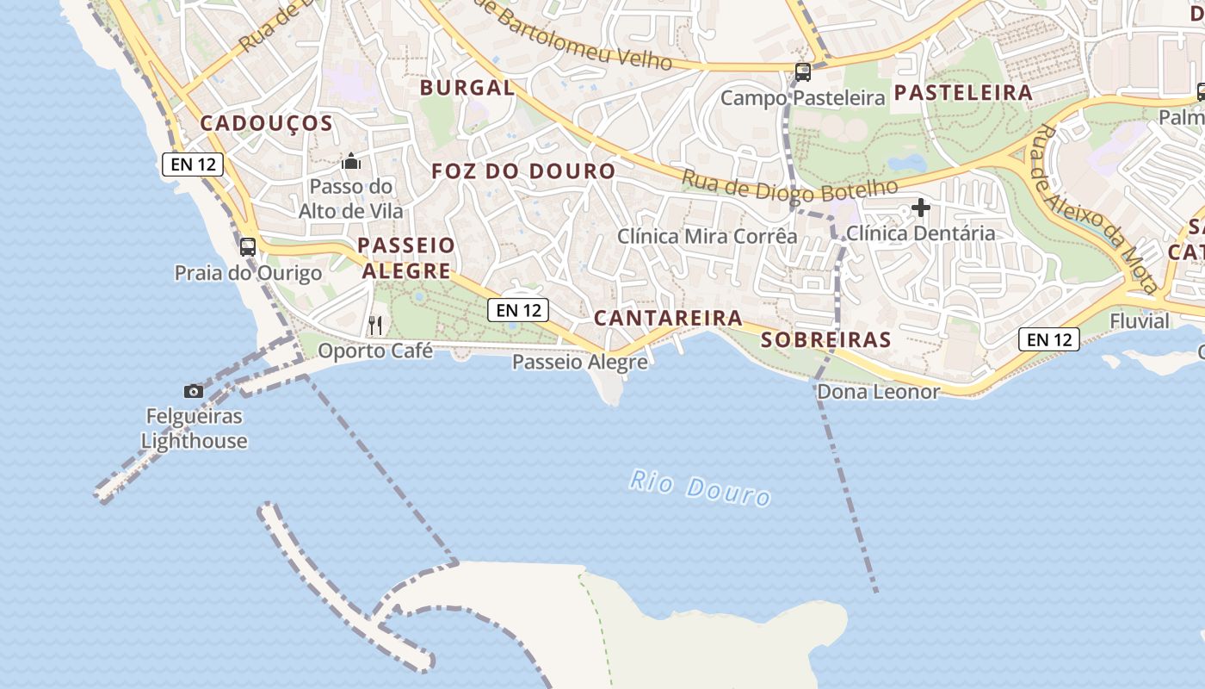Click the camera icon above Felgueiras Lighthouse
point(194,392)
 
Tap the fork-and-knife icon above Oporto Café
point(375,325)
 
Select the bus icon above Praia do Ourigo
point(248,247)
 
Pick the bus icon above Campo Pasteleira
point(802,72)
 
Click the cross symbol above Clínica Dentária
point(921,208)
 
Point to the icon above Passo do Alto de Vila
point(350,161)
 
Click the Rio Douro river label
point(699,487)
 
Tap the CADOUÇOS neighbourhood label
point(266,123)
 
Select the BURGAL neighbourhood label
point(467,87)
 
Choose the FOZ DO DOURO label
point(523,171)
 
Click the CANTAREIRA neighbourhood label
point(668,318)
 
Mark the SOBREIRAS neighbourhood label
point(826,339)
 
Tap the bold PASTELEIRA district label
point(963,93)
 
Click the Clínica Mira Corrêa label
point(708,235)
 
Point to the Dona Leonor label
point(878,392)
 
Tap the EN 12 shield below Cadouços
point(193,164)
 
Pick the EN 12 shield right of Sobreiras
point(1049,339)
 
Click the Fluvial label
point(1140,321)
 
